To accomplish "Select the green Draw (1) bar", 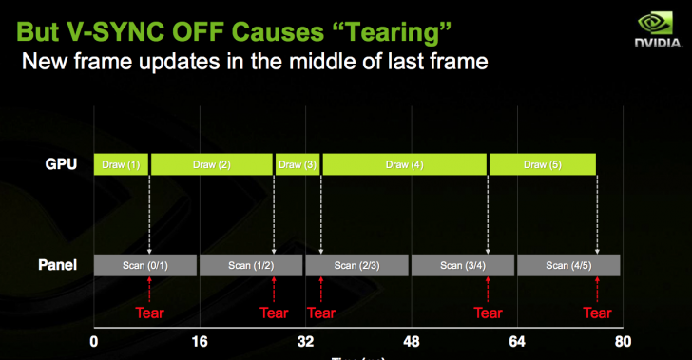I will pos(121,164).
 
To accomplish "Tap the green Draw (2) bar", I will pos(211,164).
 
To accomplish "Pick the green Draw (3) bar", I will pos(297,164).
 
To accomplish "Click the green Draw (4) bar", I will pos(404,164).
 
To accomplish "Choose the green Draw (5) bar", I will pos(542,164).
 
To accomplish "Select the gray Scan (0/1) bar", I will pos(144,265).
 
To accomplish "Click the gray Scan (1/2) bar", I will pos(251,265).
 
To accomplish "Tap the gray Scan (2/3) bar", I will pos(357,265).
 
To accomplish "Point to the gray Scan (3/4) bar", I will pos(463,265).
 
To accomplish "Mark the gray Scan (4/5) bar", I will pos(568,265).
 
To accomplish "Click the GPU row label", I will pos(61,163).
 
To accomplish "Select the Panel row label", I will pos(58,265).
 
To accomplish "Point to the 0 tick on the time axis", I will pos(93,341).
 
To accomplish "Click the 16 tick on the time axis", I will pos(199,341).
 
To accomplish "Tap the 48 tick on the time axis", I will pos(412,341).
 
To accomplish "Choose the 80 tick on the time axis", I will pos(623,341).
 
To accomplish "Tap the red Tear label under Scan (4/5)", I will pos(597,313).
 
